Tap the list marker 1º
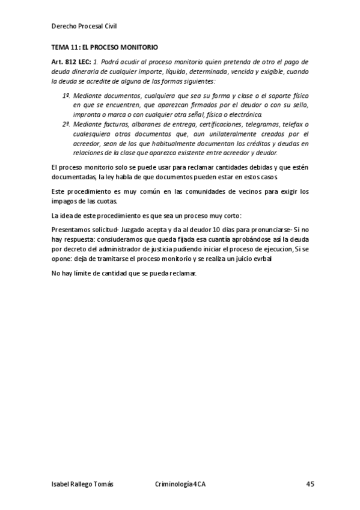coord(66,96)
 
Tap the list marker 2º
coord(66,124)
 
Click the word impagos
coord(66,201)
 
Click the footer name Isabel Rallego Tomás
coord(82,485)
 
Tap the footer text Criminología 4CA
coord(180,485)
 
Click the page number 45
coord(310,485)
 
